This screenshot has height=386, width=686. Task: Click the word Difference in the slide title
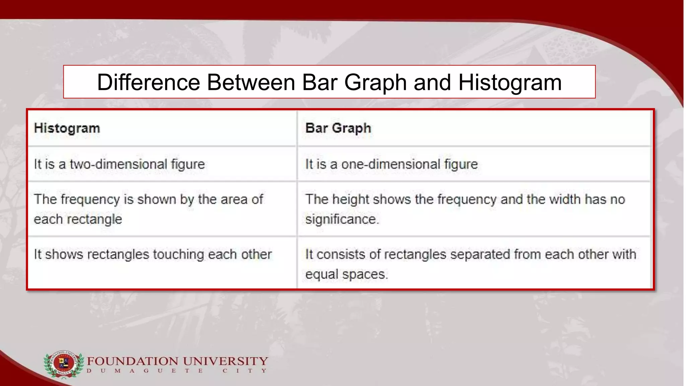[x=148, y=82]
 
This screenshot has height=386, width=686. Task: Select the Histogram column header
[x=67, y=128]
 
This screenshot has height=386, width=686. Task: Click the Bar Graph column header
[x=338, y=128]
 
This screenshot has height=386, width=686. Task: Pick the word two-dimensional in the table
[x=118, y=164]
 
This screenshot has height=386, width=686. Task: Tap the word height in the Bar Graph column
[x=350, y=199]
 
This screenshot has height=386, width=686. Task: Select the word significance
[x=342, y=219]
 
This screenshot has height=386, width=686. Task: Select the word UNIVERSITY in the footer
[x=226, y=361]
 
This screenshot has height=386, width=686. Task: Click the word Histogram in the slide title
[x=510, y=82]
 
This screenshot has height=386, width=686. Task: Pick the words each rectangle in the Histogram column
[x=78, y=219]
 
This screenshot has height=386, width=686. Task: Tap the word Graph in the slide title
[x=375, y=82]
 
